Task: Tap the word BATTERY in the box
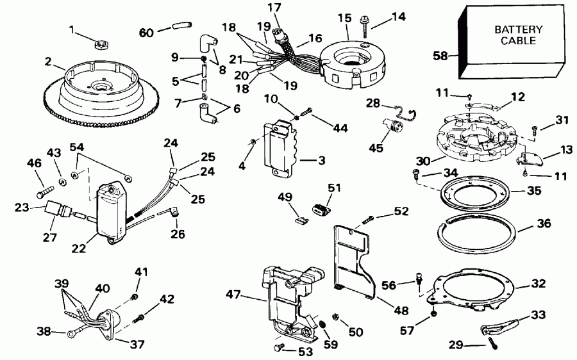point(518,30)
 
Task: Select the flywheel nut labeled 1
point(100,45)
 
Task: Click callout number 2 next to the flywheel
point(47,61)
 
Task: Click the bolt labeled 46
point(45,191)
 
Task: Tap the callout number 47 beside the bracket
point(233,294)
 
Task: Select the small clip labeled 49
point(296,218)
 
